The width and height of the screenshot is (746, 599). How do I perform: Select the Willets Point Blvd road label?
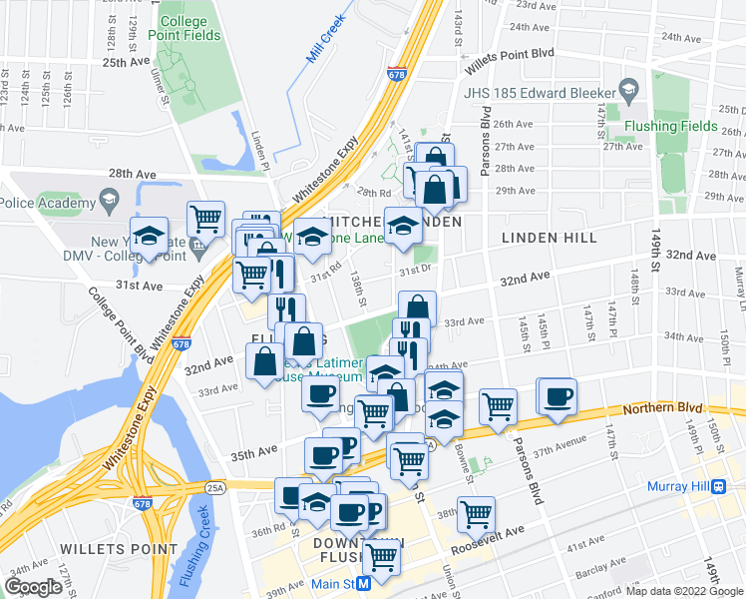coord(516,58)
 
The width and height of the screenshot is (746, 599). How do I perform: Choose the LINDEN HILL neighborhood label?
coord(549,238)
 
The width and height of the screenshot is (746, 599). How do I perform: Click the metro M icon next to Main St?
coord(365,582)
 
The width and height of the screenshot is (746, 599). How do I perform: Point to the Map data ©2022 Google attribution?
coord(685,591)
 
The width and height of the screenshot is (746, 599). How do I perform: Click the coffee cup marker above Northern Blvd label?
coord(558,396)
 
